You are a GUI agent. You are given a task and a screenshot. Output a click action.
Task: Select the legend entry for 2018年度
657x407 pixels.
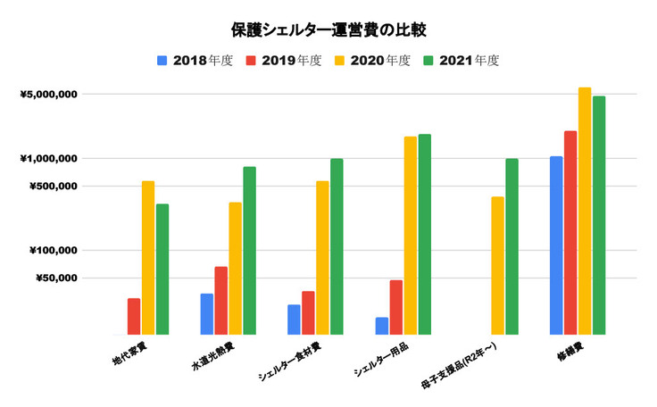[x=188, y=61]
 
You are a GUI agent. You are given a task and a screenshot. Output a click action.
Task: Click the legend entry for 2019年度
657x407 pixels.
[x=278, y=61]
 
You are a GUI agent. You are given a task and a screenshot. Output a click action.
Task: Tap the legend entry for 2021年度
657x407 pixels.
[x=457, y=61]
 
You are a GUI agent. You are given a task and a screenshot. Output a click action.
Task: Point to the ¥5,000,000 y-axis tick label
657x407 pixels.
[x=51, y=94]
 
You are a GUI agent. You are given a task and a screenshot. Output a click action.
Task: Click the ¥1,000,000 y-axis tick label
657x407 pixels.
[x=51, y=158]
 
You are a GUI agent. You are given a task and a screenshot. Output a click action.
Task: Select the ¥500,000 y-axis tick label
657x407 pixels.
[x=55, y=187]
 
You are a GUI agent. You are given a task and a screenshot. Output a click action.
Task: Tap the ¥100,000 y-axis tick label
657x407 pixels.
[x=55, y=250]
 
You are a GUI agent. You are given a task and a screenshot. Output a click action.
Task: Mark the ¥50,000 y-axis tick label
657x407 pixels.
[x=58, y=278]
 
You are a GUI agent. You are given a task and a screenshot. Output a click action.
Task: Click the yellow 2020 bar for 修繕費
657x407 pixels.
[x=585, y=211]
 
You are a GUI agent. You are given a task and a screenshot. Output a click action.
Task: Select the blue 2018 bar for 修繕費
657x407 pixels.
[x=556, y=245]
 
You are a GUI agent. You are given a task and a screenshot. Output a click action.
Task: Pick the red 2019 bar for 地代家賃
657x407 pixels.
[x=134, y=316]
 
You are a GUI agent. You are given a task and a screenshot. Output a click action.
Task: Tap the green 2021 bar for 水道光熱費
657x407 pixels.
[x=249, y=251]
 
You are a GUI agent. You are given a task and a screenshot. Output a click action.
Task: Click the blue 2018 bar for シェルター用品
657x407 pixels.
[x=382, y=326]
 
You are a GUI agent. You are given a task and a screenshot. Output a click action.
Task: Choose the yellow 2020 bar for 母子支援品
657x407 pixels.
[x=497, y=265]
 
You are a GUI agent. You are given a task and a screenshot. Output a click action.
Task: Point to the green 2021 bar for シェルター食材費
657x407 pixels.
[x=337, y=246]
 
